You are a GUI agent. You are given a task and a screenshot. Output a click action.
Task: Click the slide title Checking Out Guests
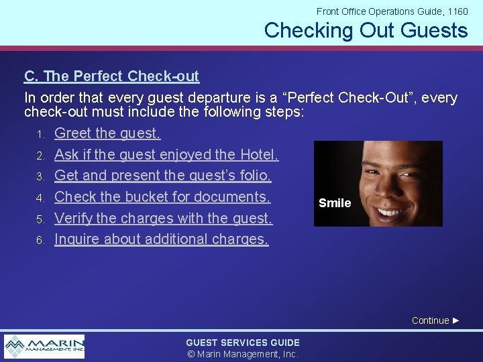(x=366, y=30)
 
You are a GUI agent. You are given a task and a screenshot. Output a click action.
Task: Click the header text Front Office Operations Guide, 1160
(x=392, y=11)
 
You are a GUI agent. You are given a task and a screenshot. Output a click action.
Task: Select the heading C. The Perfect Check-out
(x=111, y=76)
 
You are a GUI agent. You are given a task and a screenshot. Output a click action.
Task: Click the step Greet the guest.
(x=107, y=133)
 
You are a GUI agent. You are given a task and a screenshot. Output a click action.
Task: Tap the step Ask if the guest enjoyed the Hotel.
(x=166, y=154)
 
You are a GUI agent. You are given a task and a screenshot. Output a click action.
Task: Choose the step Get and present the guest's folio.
(x=162, y=176)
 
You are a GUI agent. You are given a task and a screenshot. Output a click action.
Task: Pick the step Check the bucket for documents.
(x=162, y=196)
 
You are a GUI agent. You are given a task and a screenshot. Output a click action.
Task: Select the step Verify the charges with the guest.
(x=163, y=218)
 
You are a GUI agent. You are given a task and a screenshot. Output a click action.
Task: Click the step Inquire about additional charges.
(x=161, y=239)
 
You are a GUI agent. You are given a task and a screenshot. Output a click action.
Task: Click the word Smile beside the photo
(x=335, y=203)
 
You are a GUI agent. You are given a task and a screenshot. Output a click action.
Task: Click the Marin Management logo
(x=44, y=347)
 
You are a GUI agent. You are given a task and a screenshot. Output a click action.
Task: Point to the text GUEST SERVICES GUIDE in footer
(x=243, y=343)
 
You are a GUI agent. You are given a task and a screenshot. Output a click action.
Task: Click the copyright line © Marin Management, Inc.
(x=243, y=354)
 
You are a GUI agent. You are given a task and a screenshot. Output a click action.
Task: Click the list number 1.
(x=40, y=135)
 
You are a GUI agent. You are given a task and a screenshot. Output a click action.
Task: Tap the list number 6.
(x=40, y=240)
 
